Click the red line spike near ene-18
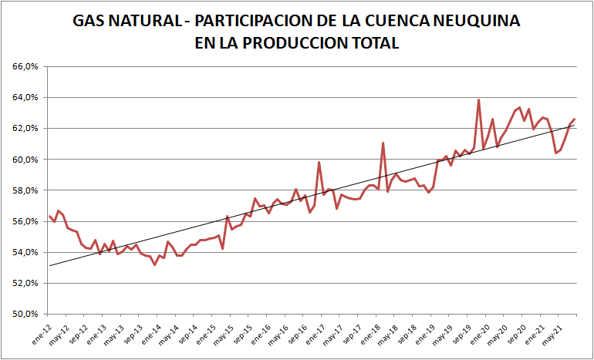[x=383, y=143]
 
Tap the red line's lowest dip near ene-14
[x=154, y=264]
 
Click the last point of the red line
[x=574, y=119]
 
